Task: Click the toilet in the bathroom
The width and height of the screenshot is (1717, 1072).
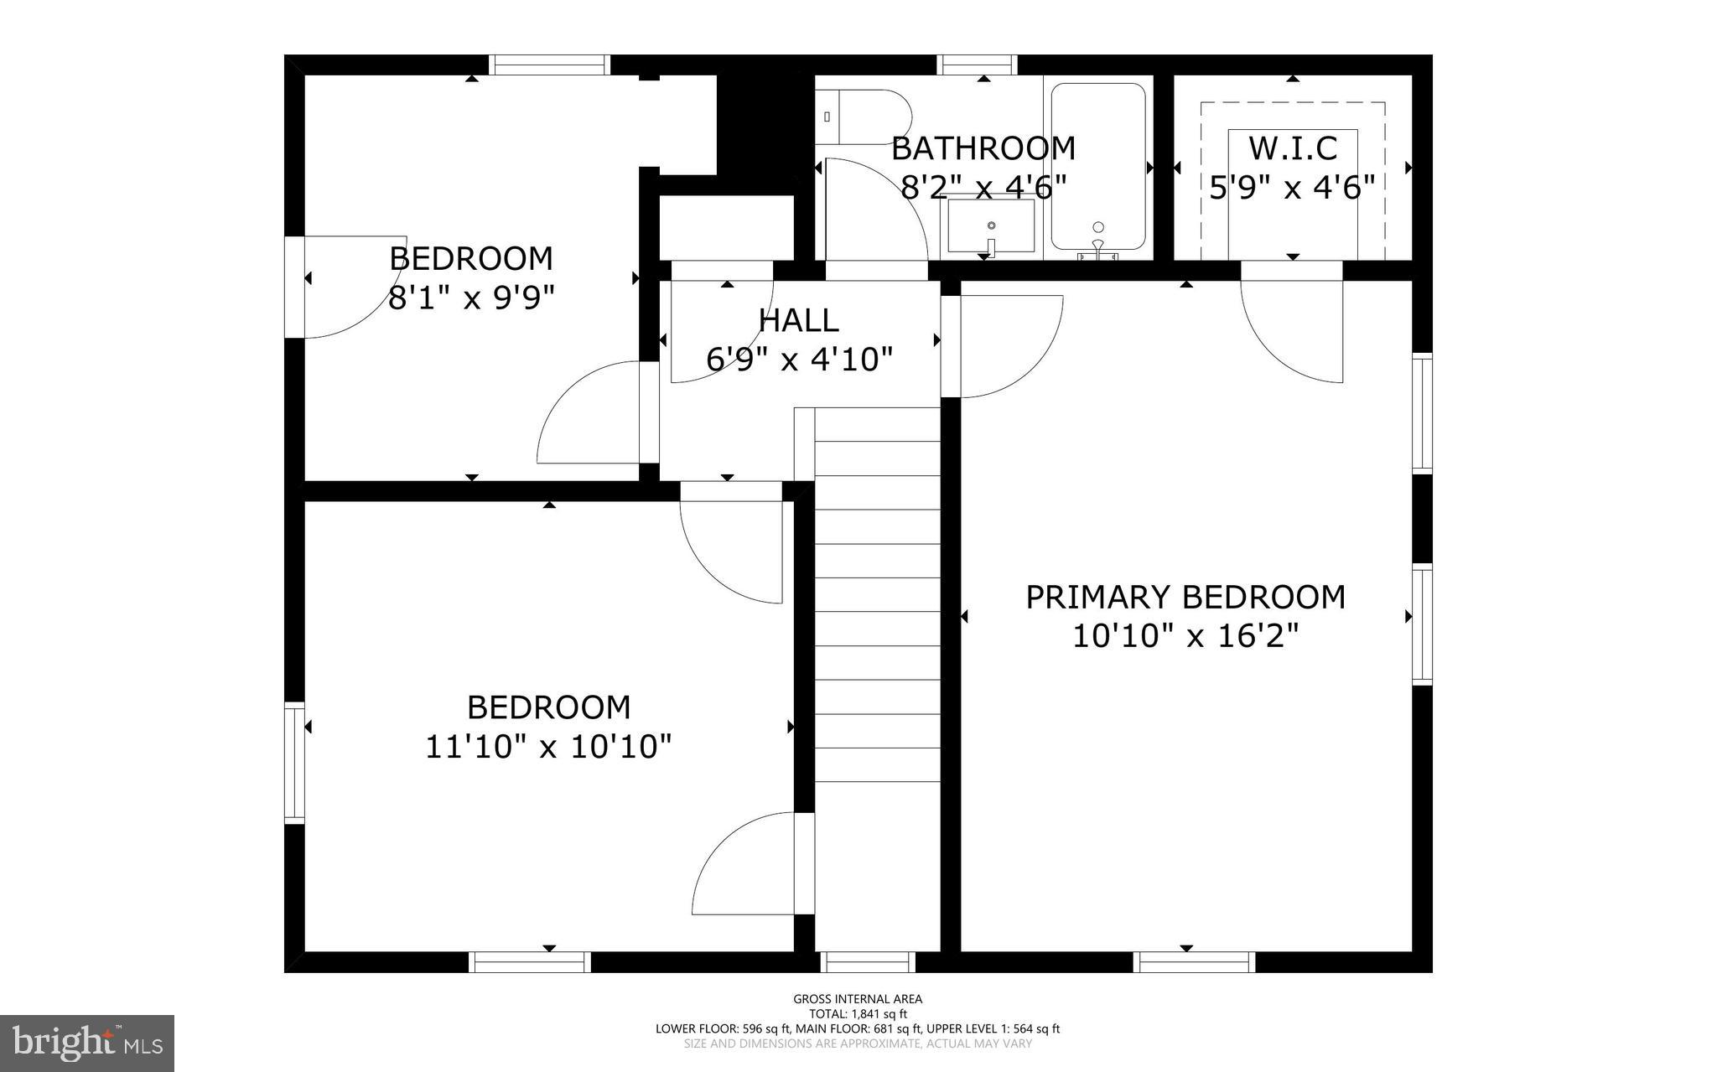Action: point(864,117)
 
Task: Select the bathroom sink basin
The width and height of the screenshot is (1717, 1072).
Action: point(991,225)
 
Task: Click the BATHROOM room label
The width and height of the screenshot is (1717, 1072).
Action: point(983,148)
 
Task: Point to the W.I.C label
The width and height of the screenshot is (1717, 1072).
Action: point(1292,148)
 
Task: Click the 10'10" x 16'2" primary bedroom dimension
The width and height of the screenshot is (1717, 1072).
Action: point(1185,636)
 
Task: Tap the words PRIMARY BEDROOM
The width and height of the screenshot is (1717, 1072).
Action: point(1185,598)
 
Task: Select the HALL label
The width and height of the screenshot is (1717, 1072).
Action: point(798,320)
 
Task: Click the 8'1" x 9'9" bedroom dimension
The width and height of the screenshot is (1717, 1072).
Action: point(472,298)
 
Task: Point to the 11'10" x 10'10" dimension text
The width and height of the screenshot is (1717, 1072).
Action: point(548,746)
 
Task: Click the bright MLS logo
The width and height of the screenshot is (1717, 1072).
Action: point(87,1043)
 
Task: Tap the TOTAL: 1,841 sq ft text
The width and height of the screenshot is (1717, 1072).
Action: point(858,1013)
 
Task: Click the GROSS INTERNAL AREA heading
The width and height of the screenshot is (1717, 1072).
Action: point(858,998)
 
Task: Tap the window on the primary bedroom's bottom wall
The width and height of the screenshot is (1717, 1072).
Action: point(1194,961)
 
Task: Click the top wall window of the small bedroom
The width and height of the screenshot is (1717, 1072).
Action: point(548,65)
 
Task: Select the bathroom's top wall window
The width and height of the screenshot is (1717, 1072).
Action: point(977,65)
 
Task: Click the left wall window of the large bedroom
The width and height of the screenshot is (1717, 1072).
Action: point(294,762)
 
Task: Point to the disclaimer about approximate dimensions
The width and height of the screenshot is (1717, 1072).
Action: point(858,1044)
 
